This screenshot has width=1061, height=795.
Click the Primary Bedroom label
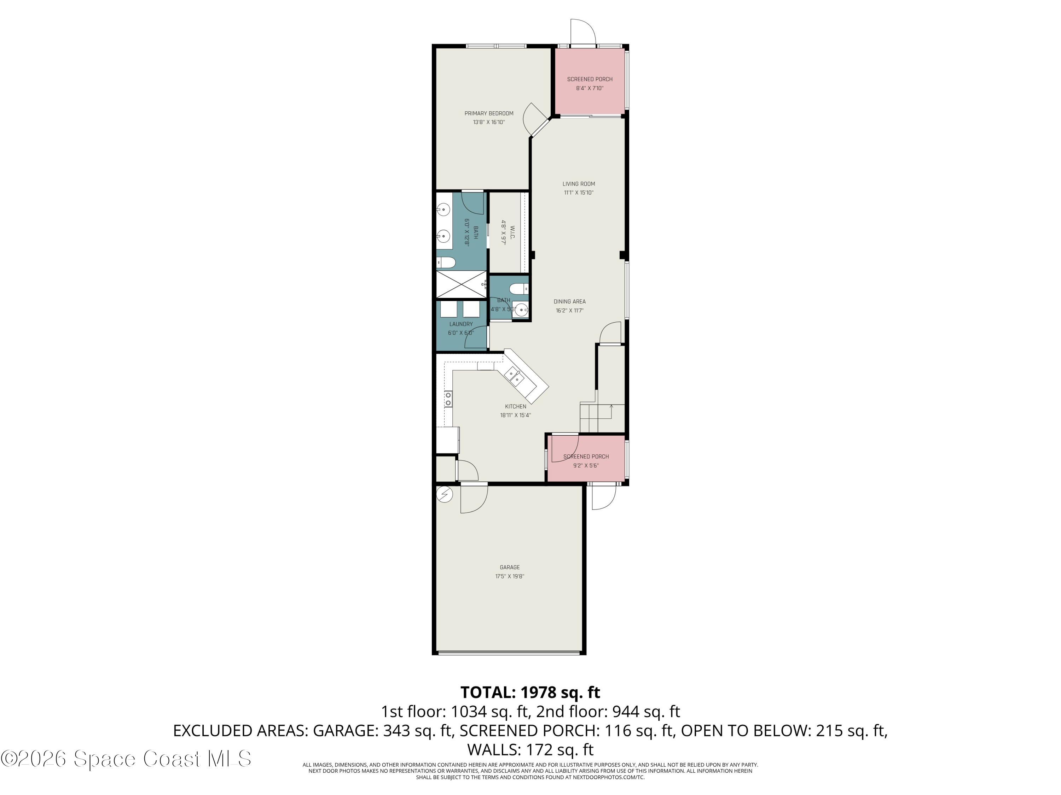pos(489,113)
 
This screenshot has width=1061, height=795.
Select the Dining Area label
pos(569,302)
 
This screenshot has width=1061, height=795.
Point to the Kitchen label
pos(516,407)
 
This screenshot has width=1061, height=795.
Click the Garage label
pos(509,567)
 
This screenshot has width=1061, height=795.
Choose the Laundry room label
pos(461,324)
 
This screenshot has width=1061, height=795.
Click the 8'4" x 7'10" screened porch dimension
pos(590,89)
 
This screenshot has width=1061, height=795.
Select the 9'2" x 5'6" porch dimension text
pos(586,466)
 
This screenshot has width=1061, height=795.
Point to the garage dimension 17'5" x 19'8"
pos(509,577)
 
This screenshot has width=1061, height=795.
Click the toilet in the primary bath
pos(446,263)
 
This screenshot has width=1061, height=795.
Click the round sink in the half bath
pos(521,309)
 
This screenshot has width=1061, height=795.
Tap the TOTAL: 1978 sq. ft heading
pos(530,693)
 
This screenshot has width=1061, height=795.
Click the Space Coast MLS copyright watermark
pos(126,759)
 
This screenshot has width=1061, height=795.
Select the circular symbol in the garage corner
pos(445,494)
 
